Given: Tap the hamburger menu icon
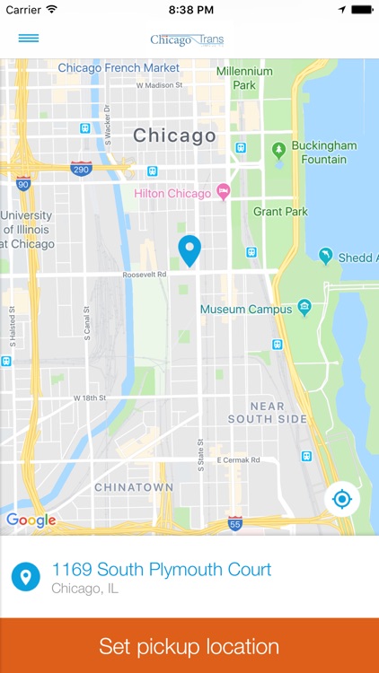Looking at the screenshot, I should click(29, 39).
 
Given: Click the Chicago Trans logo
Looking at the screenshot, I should click(188, 39).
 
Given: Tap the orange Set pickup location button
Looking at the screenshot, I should click(189, 646).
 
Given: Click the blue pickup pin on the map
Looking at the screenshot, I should click(189, 249).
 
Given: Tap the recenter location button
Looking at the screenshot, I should click(341, 499).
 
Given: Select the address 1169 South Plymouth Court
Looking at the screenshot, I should click(162, 570).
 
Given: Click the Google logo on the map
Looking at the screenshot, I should click(31, 520).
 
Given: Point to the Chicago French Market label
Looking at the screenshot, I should click(119, 68).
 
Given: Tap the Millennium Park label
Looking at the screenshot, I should click(243, 78).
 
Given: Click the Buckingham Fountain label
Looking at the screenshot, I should click(324, 153).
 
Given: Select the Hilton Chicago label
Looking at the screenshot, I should click(172, 193).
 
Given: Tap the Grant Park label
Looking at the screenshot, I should click(280, 212).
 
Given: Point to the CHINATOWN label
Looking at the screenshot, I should click(135, 487).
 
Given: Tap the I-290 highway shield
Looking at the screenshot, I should click(81, 167).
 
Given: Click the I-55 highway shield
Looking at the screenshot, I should click(234, 523).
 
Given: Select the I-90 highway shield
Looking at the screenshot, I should click(23, 184).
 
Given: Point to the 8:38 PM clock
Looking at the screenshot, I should click(189, 9).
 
